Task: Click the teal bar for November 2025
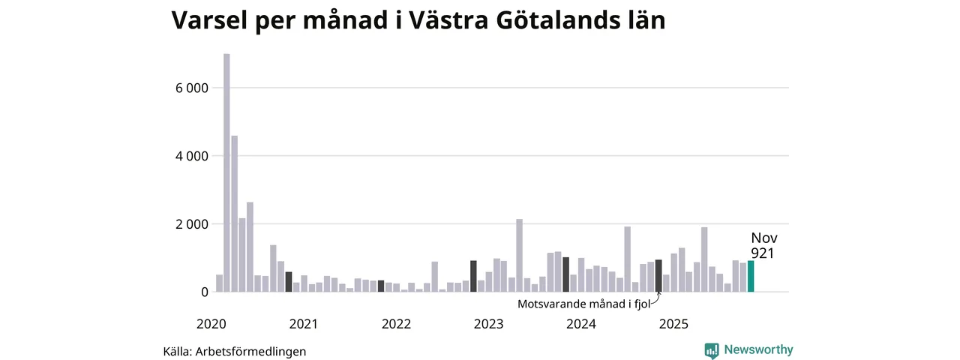coord(751,276)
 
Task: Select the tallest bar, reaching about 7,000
coord(226,172)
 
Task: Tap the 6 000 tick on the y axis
coord(191,88)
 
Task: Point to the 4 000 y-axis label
coord(191,156)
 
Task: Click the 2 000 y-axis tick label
coord(191,224)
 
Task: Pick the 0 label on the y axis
coord(202,292)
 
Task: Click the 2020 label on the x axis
coord(211,324)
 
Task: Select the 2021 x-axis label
coord(303,324)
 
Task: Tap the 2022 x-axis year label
coord(396,324)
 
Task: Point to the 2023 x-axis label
coord(488,324)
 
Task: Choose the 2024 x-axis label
coord(581,324)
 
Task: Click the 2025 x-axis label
coord(673,324)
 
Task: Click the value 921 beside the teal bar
coord(762,254)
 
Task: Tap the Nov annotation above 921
coord(763,238)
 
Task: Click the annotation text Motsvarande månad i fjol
coord(583,304)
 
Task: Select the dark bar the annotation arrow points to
coord(658,276)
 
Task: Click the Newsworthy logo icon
coord(712,350)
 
